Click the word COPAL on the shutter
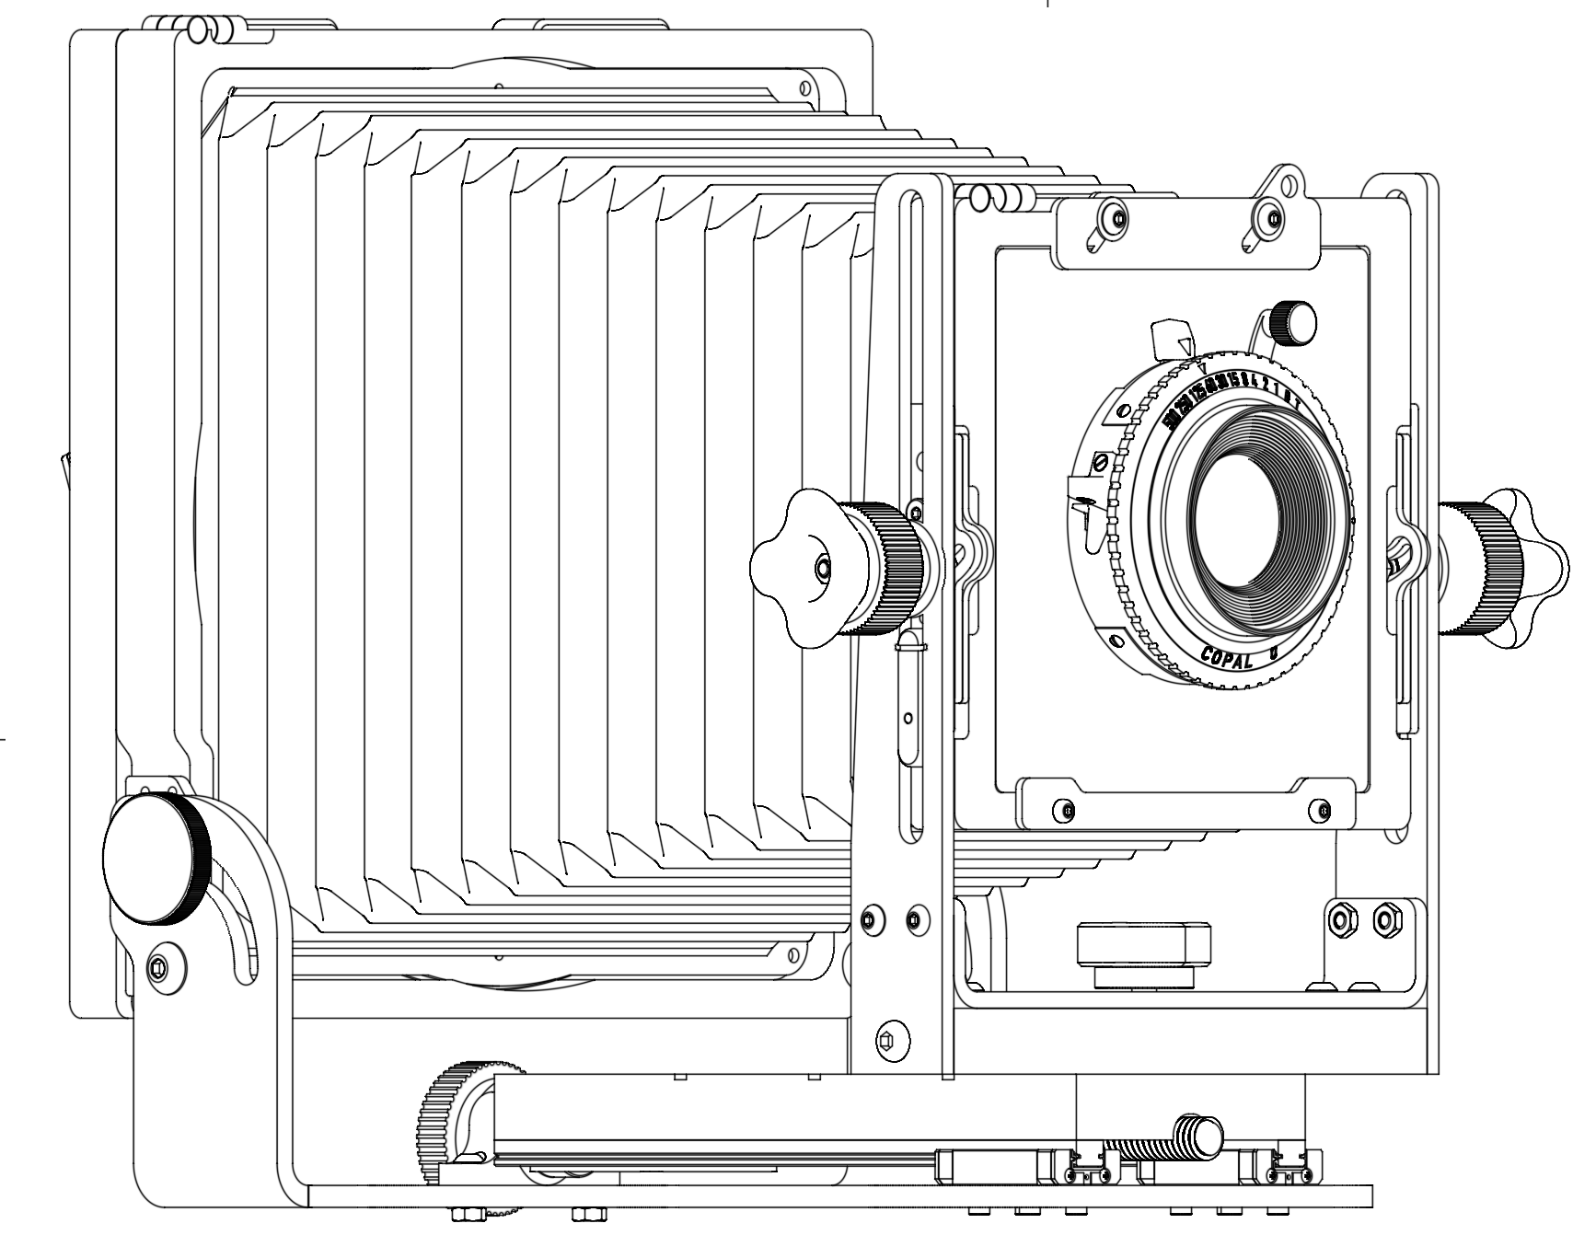click(x=1227, y=660)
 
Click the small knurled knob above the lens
click(x=1290, y=321)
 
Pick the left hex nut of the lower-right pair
click(x=1342, y=919)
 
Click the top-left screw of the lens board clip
click(x=1116, y=219)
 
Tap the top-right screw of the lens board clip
click(x=1273, y=219)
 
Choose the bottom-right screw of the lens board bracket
click(x=1324, y=811)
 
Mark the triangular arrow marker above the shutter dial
click(x=1185, y=347)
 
